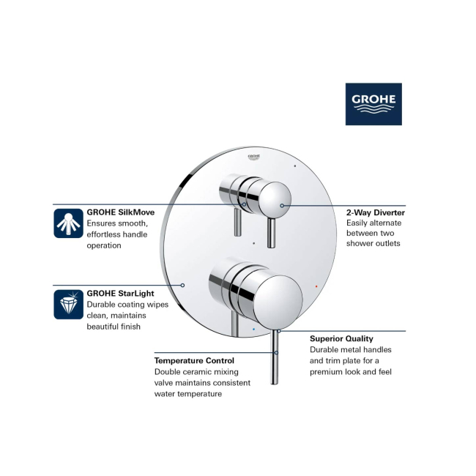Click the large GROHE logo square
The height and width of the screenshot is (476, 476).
[373, 104]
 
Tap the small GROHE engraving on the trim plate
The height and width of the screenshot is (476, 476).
[254, 157]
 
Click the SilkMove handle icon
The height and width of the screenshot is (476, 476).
[68, 223]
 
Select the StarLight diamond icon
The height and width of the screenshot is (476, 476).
[68, 304]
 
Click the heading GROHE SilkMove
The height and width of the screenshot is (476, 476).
[121, 212]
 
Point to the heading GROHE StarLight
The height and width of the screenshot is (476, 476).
[121, 293]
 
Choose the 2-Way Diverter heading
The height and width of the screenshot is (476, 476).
[376, 212]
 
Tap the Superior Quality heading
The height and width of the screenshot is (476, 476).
[341, 338]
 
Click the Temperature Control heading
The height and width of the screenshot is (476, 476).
[194, 360]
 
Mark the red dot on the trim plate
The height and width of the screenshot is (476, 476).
[316, 286]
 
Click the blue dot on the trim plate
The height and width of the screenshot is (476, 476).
[254, 329]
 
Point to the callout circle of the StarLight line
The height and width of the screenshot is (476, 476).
[182, 286]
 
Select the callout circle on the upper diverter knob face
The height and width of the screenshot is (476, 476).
[282, 206]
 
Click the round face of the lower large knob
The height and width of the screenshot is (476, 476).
[278, 302]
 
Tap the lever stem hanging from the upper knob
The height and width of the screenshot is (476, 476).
[271, 232]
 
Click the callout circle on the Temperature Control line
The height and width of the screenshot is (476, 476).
[276, 353]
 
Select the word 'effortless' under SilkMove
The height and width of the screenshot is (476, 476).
[104, 234]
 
